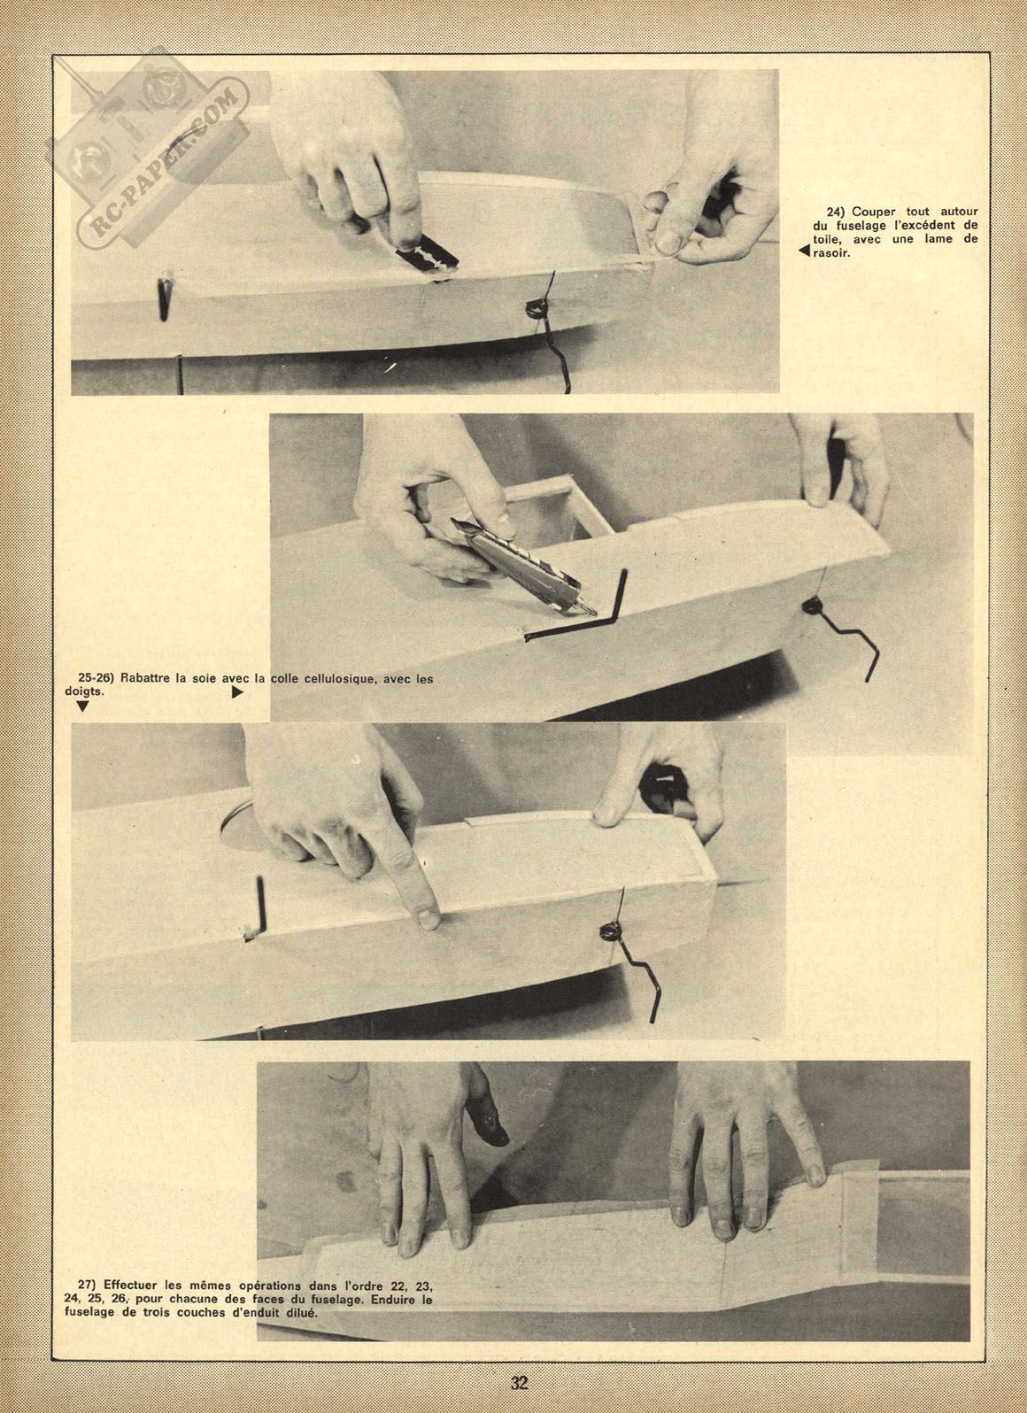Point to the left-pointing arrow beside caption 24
tap(802, 251)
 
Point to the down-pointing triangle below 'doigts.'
tap(81, 706)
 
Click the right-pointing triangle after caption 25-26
tap(237, 692)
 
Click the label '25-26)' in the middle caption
tap(96, 679)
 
